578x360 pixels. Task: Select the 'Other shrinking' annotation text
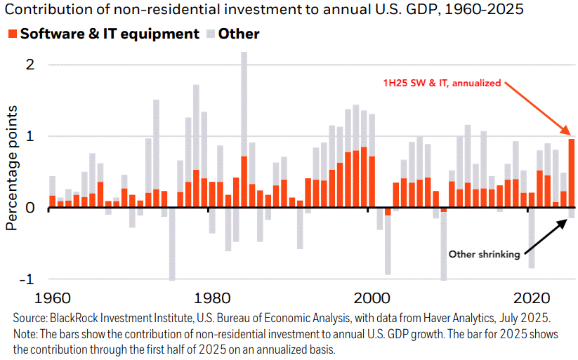pos(484,254)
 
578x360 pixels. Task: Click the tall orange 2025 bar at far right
pos(572,173)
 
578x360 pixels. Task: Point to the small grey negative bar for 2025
pos(572,213)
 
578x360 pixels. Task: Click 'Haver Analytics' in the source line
pos(428,319)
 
